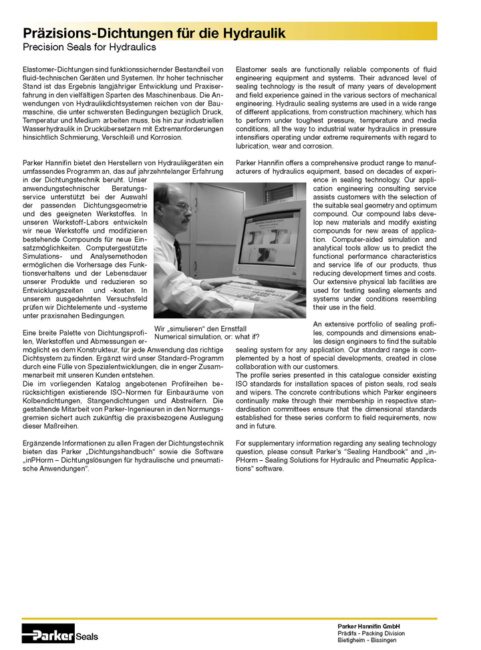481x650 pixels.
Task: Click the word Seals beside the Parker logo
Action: [87, 636]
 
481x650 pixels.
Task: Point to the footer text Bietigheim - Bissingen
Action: [367, 641]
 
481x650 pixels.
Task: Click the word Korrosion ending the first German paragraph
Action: [164, 136]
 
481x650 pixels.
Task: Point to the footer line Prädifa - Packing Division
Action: [371, 633]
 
